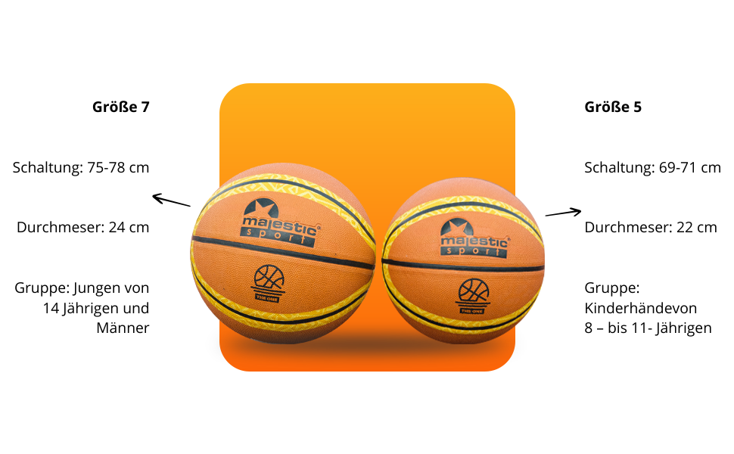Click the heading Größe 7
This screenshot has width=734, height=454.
click(120, 107)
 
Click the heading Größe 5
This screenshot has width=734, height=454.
click(613, 107)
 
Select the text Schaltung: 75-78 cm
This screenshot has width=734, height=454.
click(81, 167)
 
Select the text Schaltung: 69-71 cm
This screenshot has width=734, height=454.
click(652, 167)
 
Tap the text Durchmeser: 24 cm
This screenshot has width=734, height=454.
click(83, 227)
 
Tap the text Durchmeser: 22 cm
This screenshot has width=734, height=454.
click(650, 227)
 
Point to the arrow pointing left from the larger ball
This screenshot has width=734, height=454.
click(171, 201)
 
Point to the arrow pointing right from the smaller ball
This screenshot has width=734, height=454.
click(563, 213)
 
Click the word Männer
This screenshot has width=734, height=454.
click(123, 328)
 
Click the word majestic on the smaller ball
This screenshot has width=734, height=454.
click(474, 241)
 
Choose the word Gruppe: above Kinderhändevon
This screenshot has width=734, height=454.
click(612, 288)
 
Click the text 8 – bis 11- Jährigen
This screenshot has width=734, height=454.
click(648, 328)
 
